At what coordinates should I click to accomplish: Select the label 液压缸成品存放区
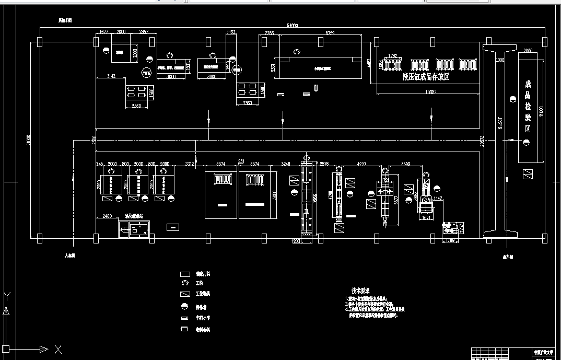426,76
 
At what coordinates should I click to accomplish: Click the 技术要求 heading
361,290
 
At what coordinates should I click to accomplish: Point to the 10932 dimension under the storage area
430,92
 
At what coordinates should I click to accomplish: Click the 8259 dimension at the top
330,33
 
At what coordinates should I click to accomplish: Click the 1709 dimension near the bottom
450,240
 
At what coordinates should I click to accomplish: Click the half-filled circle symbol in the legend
184,306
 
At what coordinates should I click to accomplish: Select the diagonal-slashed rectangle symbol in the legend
184,294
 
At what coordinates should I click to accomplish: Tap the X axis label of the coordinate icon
59,349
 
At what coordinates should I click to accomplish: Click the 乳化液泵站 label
135,215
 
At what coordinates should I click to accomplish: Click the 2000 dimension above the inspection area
527,51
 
